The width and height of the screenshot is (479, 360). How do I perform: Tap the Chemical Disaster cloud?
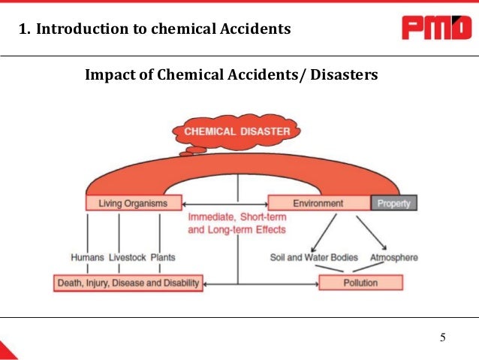[237, 133]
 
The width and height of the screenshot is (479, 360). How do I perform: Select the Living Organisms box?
[134, 203]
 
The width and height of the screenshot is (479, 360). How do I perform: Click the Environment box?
[319, 203]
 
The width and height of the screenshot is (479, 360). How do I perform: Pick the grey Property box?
[394, 203]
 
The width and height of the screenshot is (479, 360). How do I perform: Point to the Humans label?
[87, 257]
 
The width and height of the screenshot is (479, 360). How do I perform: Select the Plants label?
[163, 257]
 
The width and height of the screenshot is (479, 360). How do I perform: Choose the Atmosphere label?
[394, 257]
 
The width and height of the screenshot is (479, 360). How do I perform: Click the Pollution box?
[360, 283]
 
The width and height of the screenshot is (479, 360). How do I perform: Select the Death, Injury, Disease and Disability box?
[128, 283]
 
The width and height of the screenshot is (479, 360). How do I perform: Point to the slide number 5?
[443, 337]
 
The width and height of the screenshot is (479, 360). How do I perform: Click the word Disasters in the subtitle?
[344, 75]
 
